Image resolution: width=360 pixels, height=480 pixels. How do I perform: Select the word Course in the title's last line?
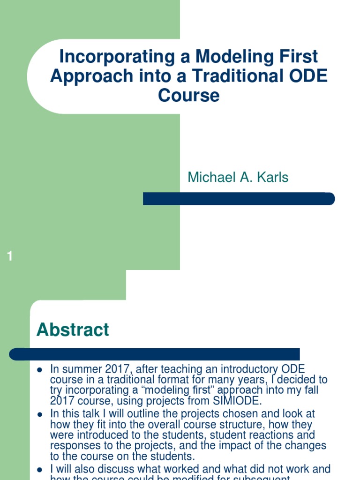(188, 96)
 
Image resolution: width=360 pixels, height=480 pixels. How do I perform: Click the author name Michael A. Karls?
(238, 177)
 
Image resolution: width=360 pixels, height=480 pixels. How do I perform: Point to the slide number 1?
(10, 256)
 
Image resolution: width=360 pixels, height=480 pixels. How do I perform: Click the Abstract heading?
(73, 330)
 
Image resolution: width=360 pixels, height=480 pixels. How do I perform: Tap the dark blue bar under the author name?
(239, 199)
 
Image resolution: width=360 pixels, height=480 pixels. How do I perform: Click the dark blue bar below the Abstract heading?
(155, 354)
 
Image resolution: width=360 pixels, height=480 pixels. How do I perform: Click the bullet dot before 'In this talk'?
(40, 414)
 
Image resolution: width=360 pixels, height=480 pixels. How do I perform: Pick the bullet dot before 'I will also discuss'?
(40, 469)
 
